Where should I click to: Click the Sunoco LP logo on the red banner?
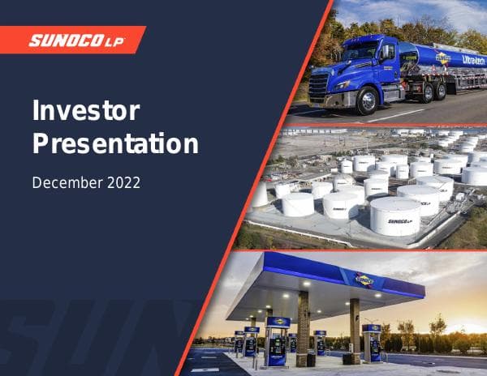pyautogui.click(x=76, y=40)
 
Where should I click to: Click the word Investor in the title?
pyautogui.click(x=85, y=111)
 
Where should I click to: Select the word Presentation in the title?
pyautogui.click(x=114, y=143)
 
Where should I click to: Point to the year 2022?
pyautogui.click(x=124, y=182)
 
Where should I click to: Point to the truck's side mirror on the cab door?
pyautogui.click(x=389, y=53)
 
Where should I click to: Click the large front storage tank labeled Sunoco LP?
pyautogui.click(x=395, y=216)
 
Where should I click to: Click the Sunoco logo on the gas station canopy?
pyautogui.click(x=364, y=280)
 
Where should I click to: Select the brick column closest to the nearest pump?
pyautogui.click(x=303, y=328)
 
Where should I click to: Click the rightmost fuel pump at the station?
pyautogui.click(x=372, y=342)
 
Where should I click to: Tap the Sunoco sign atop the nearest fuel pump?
pyautogui.click(x=278, y=322)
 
